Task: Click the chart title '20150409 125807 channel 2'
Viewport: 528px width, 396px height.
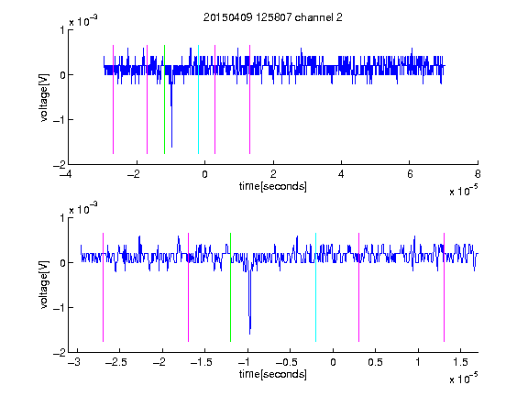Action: point(273,17)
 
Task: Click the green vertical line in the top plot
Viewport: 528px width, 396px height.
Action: point(164,99)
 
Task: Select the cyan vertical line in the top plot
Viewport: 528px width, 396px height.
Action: point(198,99)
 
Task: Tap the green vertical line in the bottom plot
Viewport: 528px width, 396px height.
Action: point(230,287)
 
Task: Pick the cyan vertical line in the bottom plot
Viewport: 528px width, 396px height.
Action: point(315,287)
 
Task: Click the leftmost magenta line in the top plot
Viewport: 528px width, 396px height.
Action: point(113,99)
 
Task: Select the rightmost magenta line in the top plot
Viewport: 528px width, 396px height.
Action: point(249,99)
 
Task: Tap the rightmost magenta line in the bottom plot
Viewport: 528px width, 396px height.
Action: point(444,287)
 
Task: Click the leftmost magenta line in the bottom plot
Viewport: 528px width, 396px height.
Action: point(103,287)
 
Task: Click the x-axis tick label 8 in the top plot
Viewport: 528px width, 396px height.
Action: point(478,174)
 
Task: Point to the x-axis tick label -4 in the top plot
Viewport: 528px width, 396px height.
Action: point(66,174)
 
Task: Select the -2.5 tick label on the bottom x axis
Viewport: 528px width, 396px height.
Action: point(115,362)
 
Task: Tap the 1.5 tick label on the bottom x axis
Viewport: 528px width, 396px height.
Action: point(460,362)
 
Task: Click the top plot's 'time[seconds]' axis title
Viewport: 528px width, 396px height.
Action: point(273,186)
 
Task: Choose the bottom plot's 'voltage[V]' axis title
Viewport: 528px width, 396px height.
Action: point(44,285)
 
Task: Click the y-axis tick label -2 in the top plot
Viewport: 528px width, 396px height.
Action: point(59,165)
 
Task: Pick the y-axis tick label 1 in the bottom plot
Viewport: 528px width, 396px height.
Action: point(62,218)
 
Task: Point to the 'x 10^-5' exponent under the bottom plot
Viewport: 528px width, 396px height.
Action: point(464,379)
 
